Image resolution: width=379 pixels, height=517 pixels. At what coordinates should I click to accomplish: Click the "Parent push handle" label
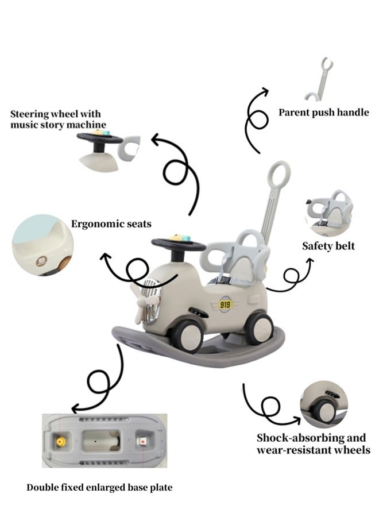pyautogui.click(x=323, y=113)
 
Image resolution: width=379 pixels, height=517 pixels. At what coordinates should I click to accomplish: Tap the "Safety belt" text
pyautogui.click(x=328, y=246)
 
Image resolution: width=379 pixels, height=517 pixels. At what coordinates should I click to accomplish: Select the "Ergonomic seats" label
pyautogui.click(x=111, y=223)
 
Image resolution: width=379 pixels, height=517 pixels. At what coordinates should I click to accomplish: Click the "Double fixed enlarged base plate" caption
pyautogui.click(x=99, y=488)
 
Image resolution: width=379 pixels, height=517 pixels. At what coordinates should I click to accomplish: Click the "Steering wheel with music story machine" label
pyautogui.click(x=58, y=119)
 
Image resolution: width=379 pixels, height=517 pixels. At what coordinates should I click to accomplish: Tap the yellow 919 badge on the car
pyautogui.click(x=226, y=304)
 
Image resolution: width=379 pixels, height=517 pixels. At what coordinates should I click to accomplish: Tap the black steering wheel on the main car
pyautogui.click(x=177, y=245)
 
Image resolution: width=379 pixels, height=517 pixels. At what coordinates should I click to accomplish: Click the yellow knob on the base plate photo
pyautogui.click(x=59, y=441)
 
